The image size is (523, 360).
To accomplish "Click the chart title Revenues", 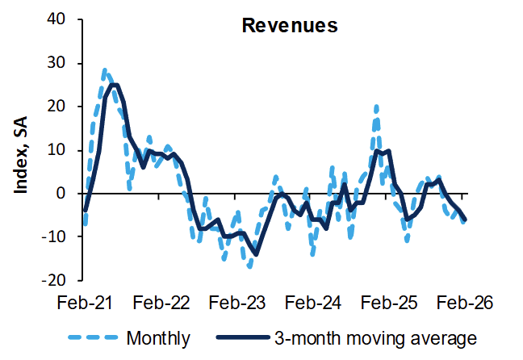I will [290, 25].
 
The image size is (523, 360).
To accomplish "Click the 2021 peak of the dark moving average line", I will [114, 85].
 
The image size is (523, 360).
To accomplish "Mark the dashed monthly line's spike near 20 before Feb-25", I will [376, 107].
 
